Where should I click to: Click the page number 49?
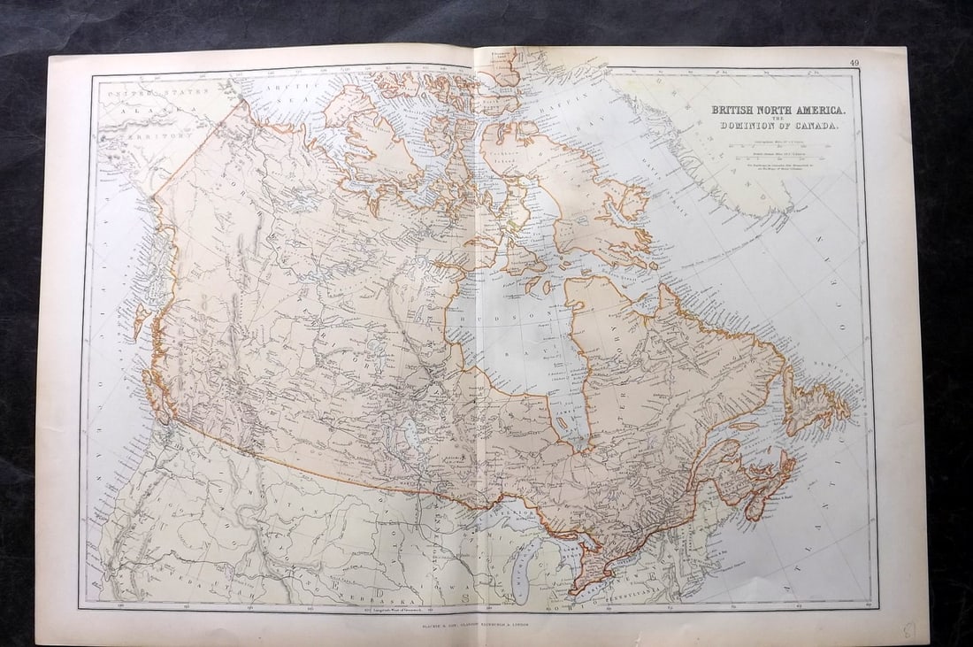[854, 62]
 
